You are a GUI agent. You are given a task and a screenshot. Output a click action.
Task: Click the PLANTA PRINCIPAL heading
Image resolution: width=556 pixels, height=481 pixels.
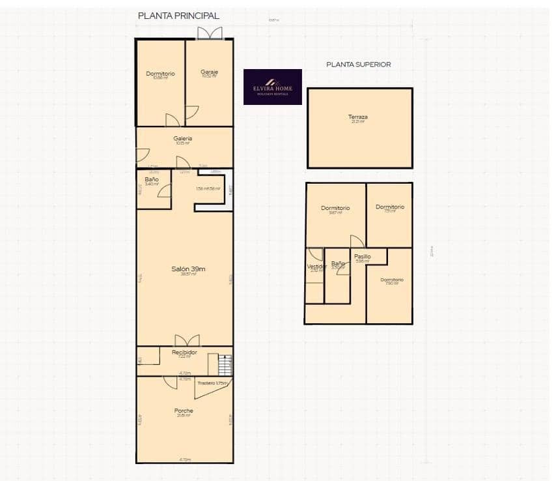[x=178, y=16]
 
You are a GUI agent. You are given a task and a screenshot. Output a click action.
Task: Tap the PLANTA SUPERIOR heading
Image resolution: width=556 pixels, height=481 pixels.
[x=358, y=65]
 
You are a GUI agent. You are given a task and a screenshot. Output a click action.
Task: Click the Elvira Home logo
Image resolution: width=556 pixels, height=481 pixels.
[x=272, y=87]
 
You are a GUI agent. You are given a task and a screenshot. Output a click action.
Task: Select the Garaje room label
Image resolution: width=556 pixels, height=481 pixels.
[x=209, y=72]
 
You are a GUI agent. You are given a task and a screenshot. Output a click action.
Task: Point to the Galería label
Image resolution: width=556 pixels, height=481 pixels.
[x=182, y=139]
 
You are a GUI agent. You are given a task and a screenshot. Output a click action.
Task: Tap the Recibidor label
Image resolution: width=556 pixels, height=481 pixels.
[x=184, y=352]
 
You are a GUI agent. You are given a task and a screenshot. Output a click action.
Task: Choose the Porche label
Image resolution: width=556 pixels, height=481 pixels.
[x=184, y=411]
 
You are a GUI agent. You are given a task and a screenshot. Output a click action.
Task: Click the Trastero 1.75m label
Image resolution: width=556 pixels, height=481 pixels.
[x=213, y=383]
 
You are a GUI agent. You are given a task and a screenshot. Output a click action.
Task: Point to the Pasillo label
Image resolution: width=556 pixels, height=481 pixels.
[x=363, y=256]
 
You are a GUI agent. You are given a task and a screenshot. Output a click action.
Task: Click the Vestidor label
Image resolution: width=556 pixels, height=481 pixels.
[x=316, y=266]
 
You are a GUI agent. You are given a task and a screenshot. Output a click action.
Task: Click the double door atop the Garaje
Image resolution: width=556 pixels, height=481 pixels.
[x=210, y=33]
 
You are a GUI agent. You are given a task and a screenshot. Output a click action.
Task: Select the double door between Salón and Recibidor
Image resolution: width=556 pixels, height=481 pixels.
[x=187, y=340]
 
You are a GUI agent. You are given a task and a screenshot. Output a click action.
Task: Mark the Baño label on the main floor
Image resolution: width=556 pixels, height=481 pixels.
[x=152, y=179]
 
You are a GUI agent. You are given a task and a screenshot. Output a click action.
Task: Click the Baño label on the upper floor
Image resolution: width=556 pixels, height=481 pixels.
[x=337, y=263]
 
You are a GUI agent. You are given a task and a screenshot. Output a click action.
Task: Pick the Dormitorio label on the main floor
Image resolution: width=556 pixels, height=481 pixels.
[x=160, y=74]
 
